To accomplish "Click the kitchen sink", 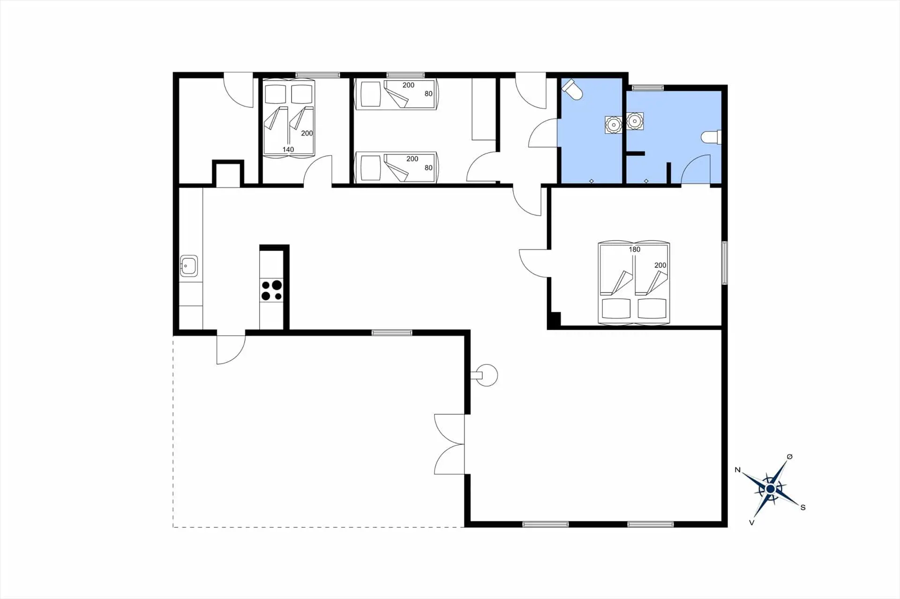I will [189, 266].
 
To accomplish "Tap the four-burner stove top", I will [271, 290].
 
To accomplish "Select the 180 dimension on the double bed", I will [634, 250].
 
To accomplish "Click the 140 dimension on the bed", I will [288, 150].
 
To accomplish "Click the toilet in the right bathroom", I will [711, 137].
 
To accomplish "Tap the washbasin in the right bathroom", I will [635, 121].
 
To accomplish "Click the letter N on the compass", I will [737, 470].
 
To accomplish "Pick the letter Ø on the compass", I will [789, 457].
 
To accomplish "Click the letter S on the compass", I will [802, 507].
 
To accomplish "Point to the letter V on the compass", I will [751, 523].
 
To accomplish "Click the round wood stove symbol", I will [486, 375].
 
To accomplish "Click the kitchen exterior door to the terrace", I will [231, 348].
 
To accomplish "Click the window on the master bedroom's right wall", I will [724, 263].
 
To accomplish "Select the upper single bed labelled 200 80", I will [396, 94].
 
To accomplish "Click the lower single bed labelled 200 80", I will [396, 168].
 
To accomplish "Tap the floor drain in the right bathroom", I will [646, 181].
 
